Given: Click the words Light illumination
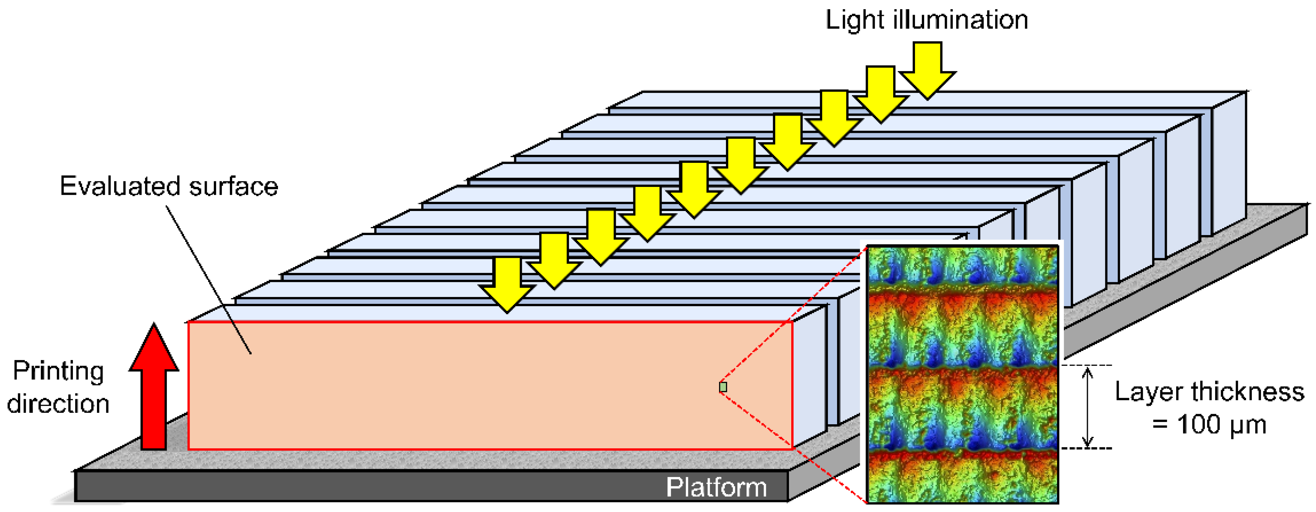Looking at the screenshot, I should click(926, 20).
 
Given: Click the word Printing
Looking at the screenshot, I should click(58, 371).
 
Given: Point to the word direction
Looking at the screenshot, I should click(58, 404).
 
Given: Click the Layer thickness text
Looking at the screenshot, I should click(1209, 392).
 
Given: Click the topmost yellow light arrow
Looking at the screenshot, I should click(927, 69).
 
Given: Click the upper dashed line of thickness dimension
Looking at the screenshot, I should click(1087, 365).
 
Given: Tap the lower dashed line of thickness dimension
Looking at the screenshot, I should click(1087, 448).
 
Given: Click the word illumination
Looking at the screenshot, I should click(960, 20).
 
